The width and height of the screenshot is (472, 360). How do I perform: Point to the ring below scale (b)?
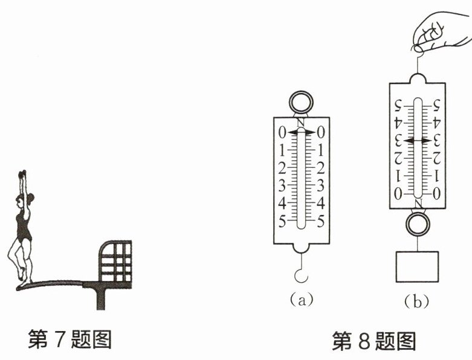(x=416, y=225)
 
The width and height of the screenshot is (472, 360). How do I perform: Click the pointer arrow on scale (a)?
(x=300, y=132)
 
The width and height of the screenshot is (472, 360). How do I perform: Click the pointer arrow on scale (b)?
(x=417, y=140)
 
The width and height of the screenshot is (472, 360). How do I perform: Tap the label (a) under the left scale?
(x=300, y=298)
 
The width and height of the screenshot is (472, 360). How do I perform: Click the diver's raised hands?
(x=23, y=174)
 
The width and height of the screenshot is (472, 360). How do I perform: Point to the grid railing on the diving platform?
(x=117, y=261)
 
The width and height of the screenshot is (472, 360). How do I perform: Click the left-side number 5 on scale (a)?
(x=282, y=221)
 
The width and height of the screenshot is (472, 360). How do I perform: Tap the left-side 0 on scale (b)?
(x=398, y=194)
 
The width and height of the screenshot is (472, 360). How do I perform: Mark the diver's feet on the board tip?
(x=23, y=278)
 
